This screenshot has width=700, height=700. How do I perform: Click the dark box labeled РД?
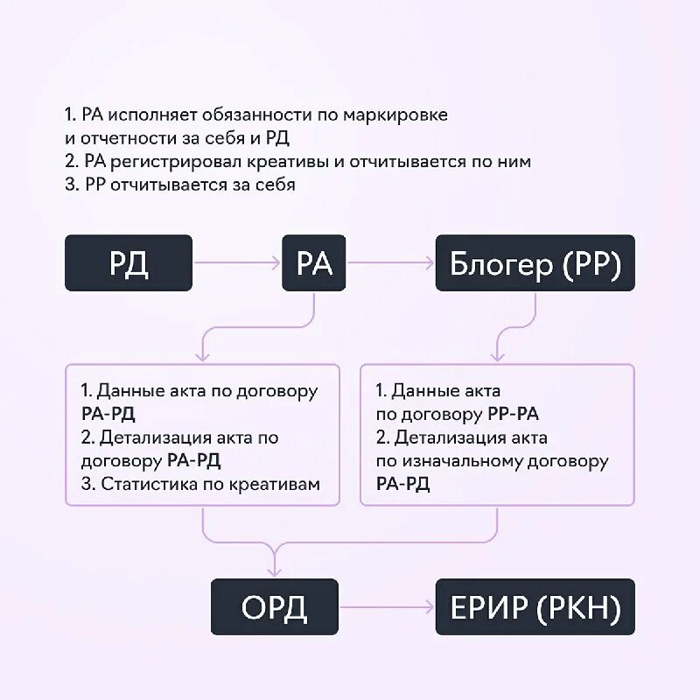point(129,262)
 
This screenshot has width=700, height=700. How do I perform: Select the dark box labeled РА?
point(314,262)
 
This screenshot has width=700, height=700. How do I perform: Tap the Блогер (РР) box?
point(535,262)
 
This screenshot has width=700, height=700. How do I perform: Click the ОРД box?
point(275,606)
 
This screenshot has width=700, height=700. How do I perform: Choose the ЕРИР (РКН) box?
point(535,606)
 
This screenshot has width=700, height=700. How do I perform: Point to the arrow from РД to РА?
point(236,262)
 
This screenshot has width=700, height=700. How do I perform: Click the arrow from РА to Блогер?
point(390,262)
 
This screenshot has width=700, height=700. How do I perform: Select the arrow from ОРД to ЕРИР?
point(387,606)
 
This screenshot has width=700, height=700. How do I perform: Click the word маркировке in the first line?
point(395,115)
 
